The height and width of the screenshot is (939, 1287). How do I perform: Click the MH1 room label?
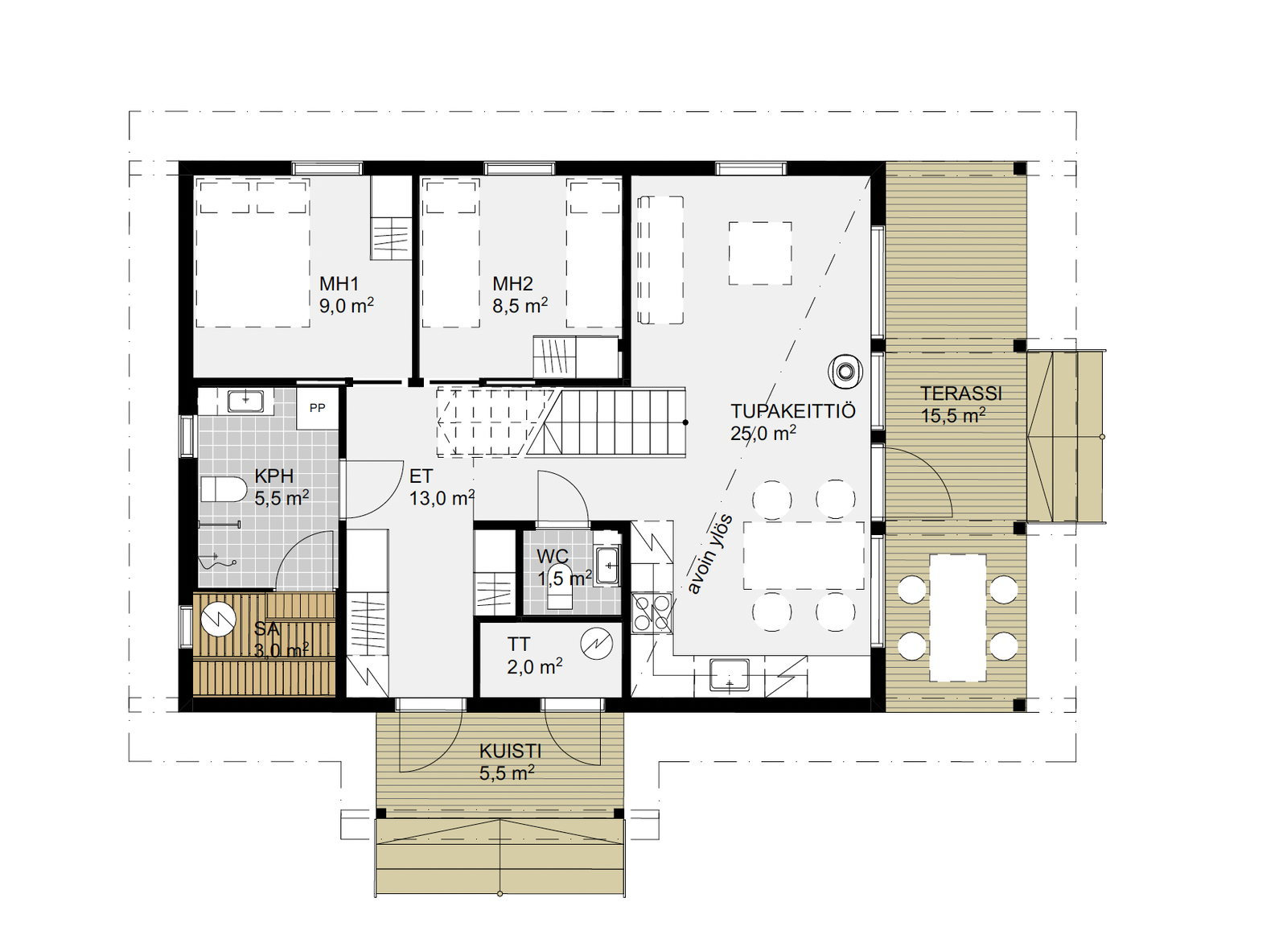[339, 283]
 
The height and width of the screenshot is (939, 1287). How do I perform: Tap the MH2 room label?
[512, 283]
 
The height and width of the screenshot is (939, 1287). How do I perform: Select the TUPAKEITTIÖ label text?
[793, 411]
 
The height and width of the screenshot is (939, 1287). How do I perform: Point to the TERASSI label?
[961, 393]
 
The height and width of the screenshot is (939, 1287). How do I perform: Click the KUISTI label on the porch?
[510, 751]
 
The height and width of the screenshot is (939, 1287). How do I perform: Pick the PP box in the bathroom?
[317, 408]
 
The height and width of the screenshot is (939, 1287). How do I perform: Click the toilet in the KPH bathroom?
[224, 489]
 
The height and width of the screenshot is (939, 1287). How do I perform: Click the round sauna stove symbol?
[218, 619]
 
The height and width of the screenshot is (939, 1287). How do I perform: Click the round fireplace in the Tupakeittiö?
[845, 371]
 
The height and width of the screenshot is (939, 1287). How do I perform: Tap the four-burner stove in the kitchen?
[652, 613]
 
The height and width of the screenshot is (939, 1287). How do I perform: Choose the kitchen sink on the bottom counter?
[729, 674]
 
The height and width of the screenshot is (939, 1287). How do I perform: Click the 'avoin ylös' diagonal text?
[710, 554]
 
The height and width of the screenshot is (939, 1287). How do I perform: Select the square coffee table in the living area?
[760, 253]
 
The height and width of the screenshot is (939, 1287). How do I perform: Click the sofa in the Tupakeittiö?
[660, 260]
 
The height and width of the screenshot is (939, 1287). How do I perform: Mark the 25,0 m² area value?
[763, 434]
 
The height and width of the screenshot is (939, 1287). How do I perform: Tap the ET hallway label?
[421, 476]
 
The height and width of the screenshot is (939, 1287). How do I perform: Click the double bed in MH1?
[253, 253]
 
